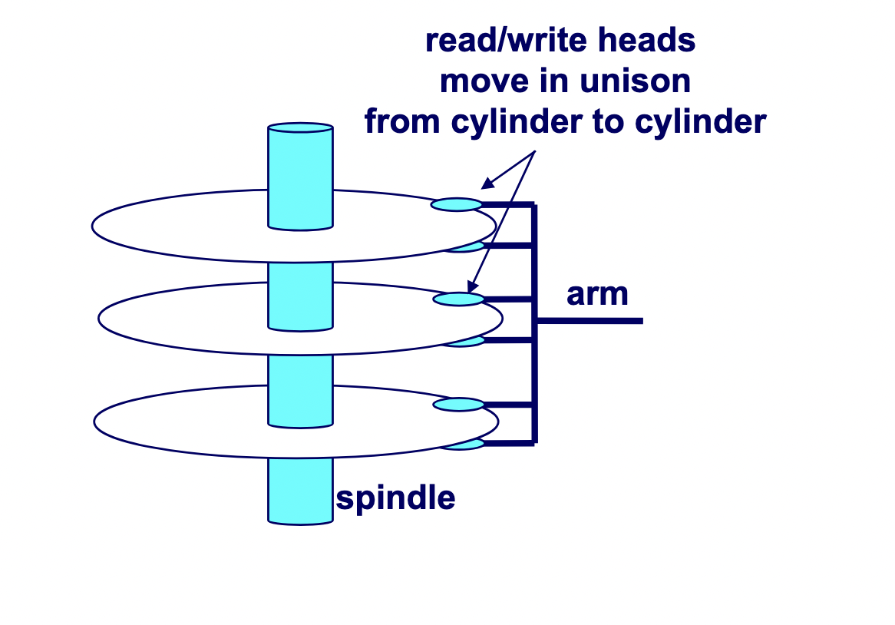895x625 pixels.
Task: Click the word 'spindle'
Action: (x=396, y=499)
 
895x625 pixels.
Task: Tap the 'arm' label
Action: (x=597, y=294)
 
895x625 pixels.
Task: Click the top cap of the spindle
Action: (x=300, y=127)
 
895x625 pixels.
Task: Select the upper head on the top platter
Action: (x=457, y=204)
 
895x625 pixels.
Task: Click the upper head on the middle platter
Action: (x=459, y=299)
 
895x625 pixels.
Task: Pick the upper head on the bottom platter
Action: (x=459, y=405)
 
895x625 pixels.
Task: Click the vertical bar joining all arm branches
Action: (x=535, y=322)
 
